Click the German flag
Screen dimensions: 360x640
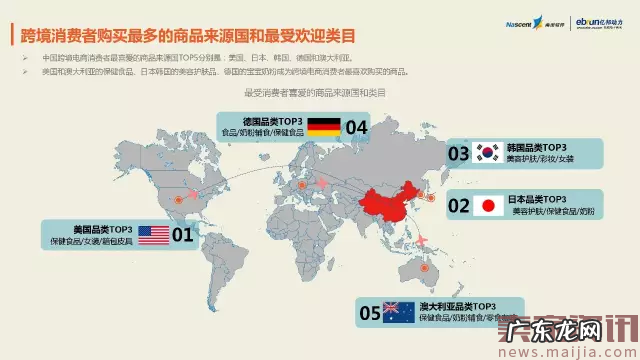[x=322, y=126]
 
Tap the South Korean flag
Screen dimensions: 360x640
[x=488, y=152]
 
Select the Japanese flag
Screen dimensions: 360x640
[x=489, y=206]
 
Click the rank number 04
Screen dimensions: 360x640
[x=357, y=126]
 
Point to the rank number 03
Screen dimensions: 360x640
[x=458, y=153]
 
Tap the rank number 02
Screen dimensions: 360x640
[x=458, y=206]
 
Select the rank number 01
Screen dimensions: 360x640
[x=183, y=235]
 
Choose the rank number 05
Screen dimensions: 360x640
[x=369, y=312]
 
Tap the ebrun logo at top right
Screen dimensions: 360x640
[x=596, y=21]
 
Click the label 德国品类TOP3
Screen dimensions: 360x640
[x=258, y=119]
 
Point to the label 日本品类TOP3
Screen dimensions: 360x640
[x=540, y=199]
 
